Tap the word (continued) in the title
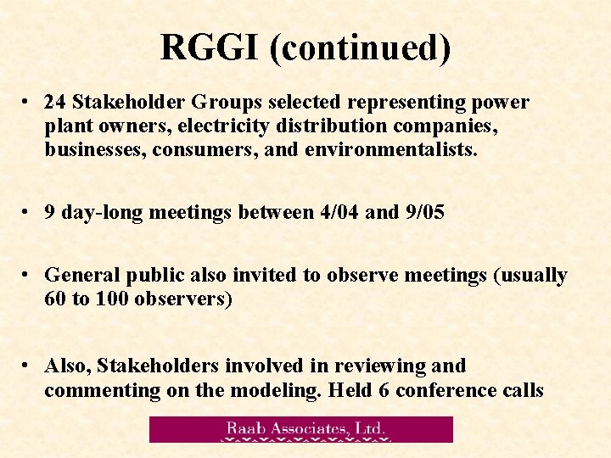coord(360,48)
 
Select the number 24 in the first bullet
coord(55,103)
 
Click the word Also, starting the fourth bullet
coord(68,366)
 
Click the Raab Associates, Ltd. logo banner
coord(301,429)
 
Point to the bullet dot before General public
coord(28,274)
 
